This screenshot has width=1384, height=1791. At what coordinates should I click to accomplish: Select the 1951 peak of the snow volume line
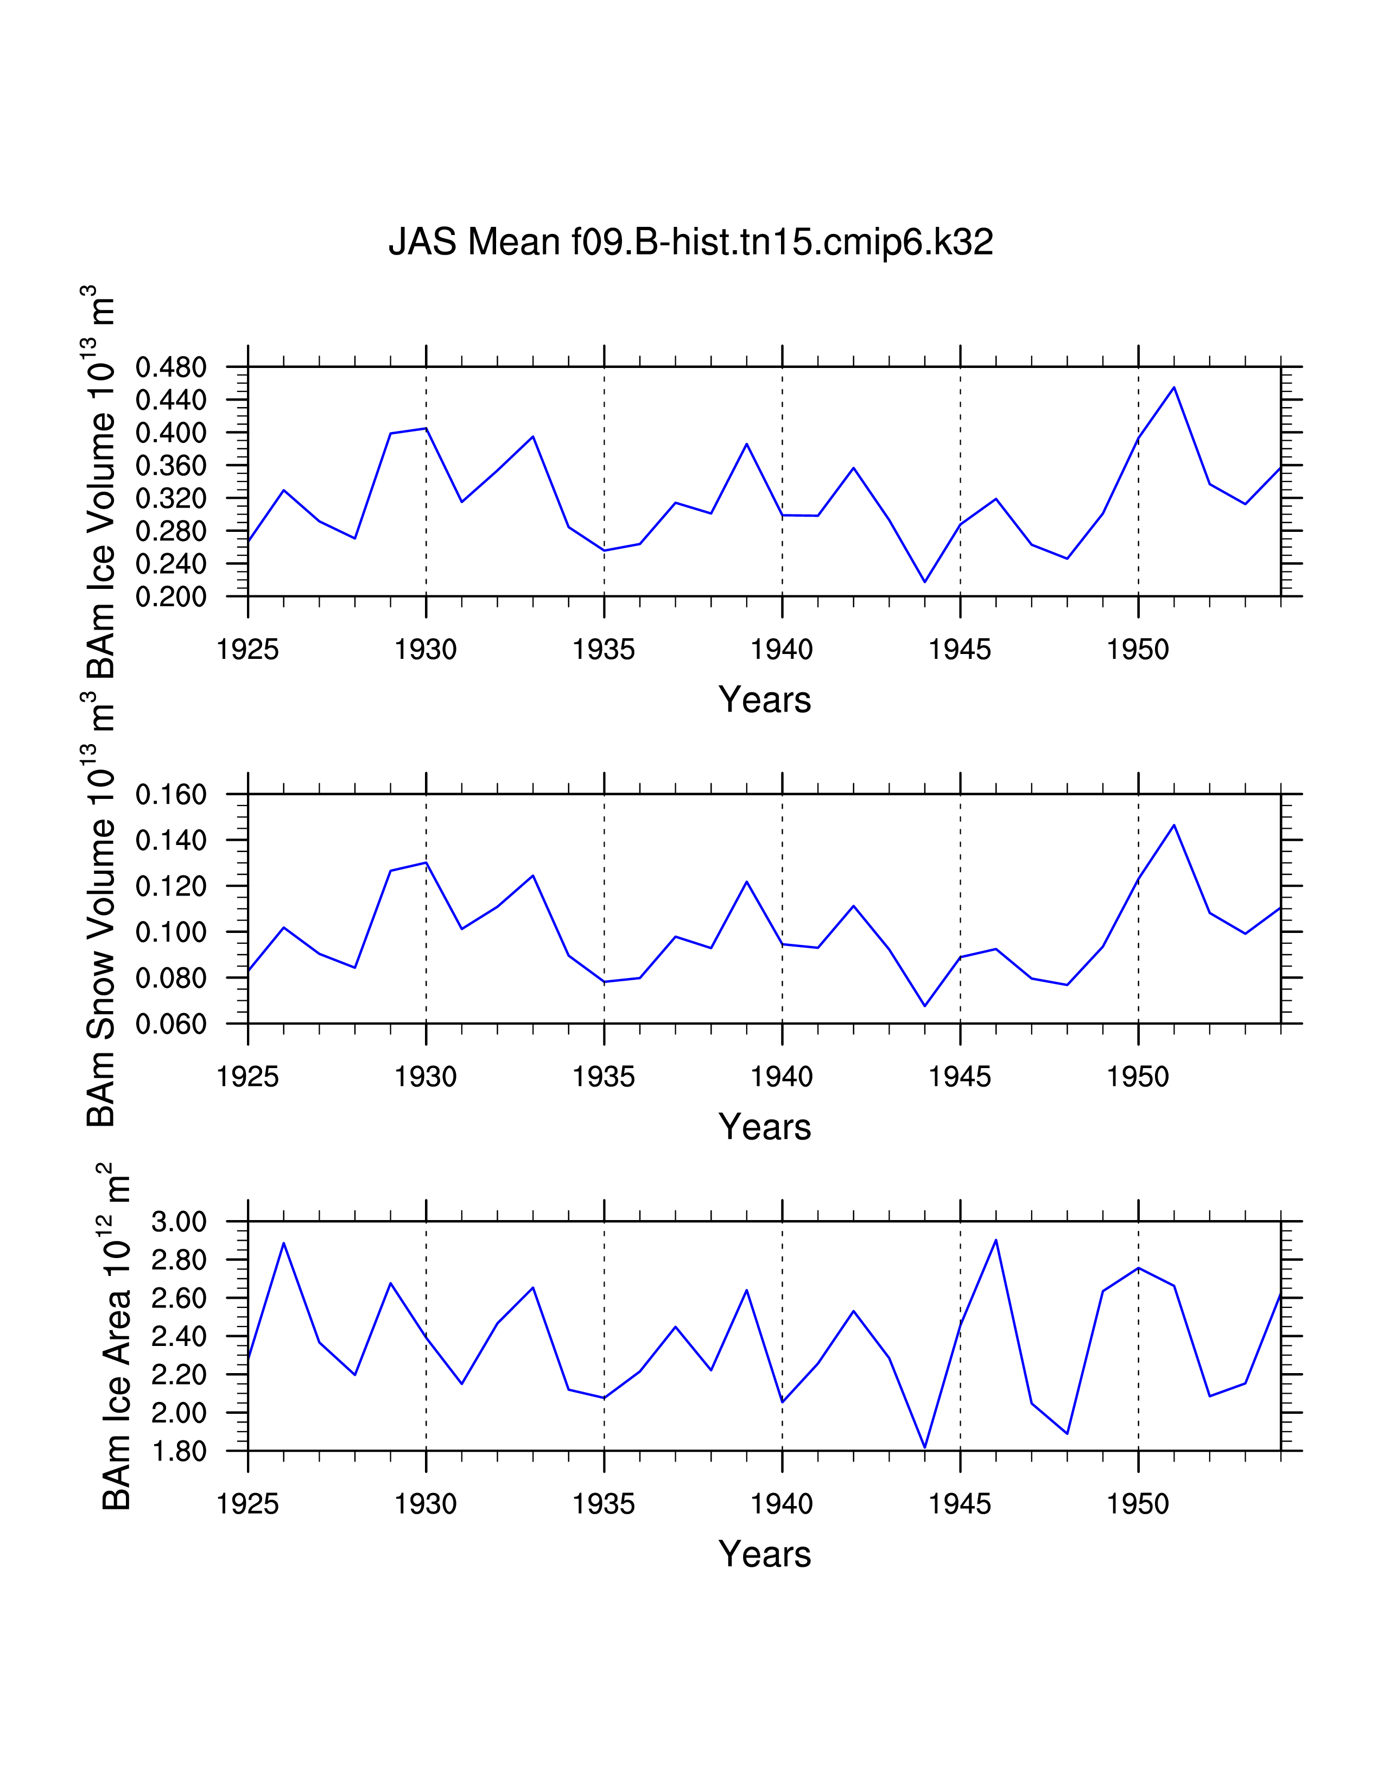[x=1174, y=825]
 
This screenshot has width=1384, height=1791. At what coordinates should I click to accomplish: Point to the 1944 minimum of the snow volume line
[x=925, y=1005]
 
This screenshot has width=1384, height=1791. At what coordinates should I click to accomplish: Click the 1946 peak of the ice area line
[x=996, y=1240]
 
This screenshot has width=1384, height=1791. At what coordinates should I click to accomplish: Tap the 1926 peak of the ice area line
[x=284, y=1243]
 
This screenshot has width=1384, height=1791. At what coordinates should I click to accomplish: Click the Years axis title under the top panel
[x=764, y=700]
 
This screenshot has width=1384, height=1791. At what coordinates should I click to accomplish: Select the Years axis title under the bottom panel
[x=764, y=1553]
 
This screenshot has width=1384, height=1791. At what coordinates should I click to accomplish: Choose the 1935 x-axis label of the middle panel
[x=604, y=1077]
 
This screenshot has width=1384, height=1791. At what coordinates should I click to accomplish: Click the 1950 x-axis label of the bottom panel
[x=1138, y=1504]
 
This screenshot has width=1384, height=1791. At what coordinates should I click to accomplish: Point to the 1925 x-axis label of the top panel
[x=247, y=650]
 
